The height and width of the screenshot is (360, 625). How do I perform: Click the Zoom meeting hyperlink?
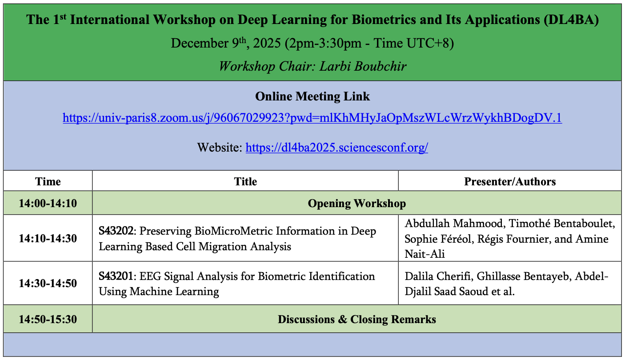click(x=312, y=118)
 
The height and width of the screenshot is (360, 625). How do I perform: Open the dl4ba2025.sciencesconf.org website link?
click(x=337, y=148)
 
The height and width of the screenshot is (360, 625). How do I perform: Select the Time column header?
click(x=48, y=181)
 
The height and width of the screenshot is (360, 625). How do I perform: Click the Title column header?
click(x=245, y=181)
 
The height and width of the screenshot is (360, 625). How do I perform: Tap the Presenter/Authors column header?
click(x=510, y=181)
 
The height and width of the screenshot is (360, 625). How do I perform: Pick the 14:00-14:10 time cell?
click(x=48, y=204)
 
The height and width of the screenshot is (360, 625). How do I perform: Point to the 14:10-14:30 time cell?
click(x=48, y=239)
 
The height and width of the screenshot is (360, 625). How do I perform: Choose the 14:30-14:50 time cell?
click(x=48, y=284)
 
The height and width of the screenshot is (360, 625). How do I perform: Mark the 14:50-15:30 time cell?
click(x=48, y=319)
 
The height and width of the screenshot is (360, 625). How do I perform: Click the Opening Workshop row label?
click(x=357, y=204)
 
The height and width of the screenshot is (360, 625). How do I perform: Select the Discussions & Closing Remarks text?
click(x=357, y=319)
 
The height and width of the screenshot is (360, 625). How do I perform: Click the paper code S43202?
click(x=116, y=232)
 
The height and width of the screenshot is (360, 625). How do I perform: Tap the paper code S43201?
click(x=116, y=276)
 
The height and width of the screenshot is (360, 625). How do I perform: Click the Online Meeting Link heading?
click(x=312, y=96)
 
